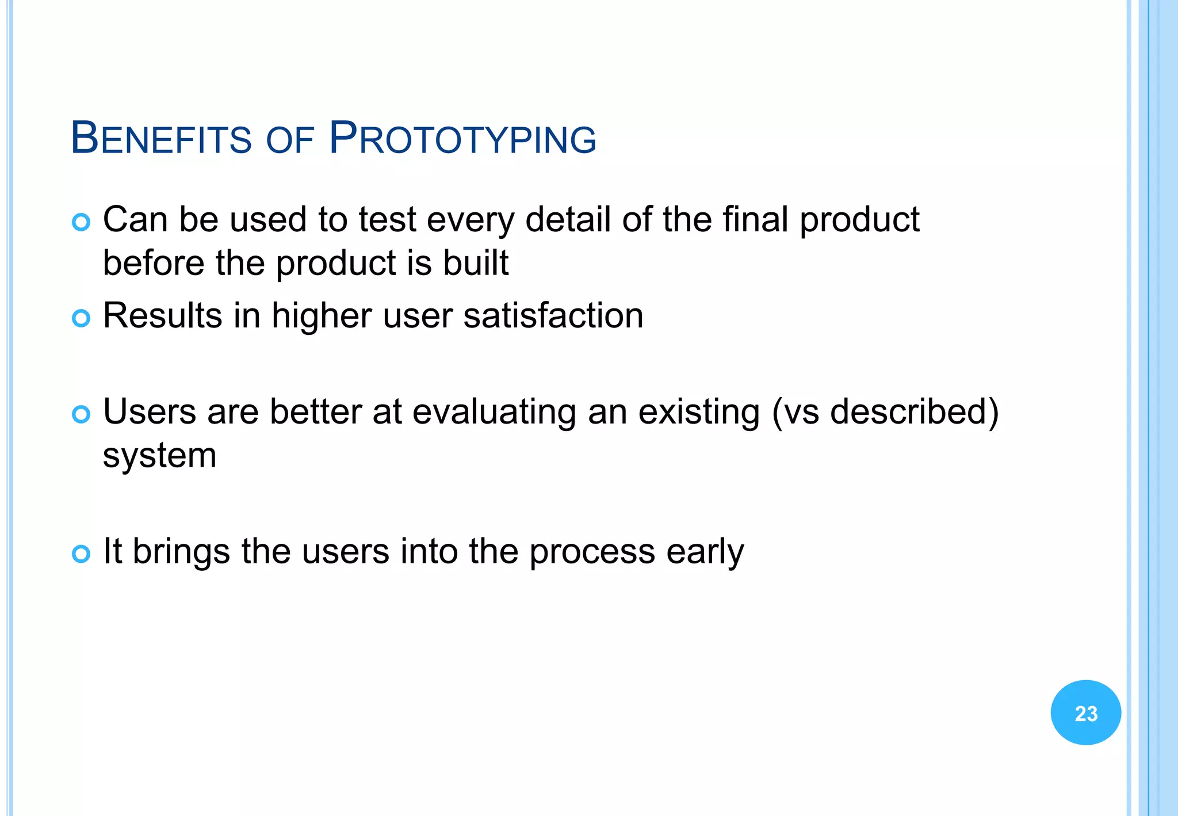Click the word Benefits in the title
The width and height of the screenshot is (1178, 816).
[x=161, y=139]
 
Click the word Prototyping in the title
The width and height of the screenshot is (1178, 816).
[x=463, y=139]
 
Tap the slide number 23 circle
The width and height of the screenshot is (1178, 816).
[x=1085, y=712]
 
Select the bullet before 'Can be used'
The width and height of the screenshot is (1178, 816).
[x=81, y=222]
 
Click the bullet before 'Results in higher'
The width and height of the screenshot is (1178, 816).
[x=81, y=318]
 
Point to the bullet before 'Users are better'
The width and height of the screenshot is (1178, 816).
[x=81, y=414]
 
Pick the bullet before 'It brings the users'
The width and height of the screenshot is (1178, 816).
[x=81, y=554]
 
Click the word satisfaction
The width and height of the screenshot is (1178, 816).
[x=553, y=316]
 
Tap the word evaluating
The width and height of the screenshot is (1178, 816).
[x=494, y=412]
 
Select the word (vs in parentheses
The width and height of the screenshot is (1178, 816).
[x=795, y=412]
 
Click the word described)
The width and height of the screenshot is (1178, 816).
[x=914, y=412]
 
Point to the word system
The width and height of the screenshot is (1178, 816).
[x=159, y=456]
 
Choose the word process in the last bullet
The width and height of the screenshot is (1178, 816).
[x=592, y=551]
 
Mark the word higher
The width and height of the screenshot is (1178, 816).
[x=322, y=316]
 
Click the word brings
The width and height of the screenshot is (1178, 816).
[x=181, y=551]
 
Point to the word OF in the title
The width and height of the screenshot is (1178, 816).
[x=290, y=140]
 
